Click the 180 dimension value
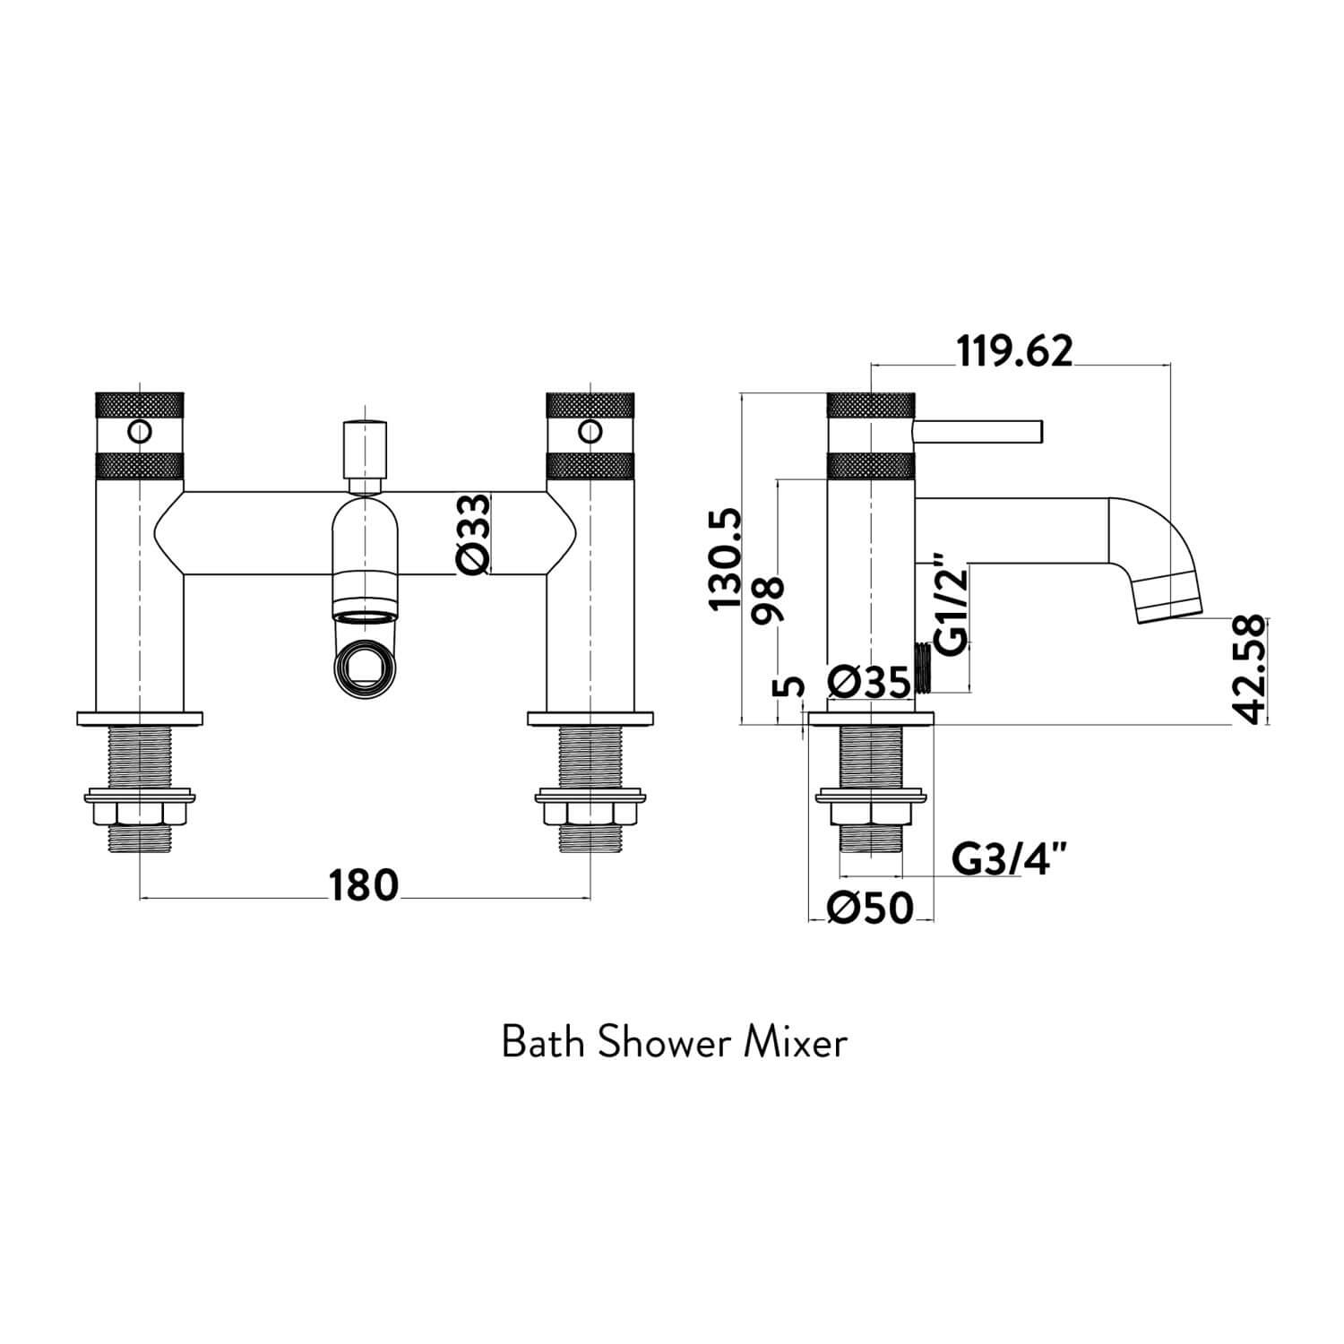363,886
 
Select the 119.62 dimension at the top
1014,351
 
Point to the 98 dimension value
768,599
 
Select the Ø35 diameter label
869,683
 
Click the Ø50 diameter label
870,909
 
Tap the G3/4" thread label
1009,860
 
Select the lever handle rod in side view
978,431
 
